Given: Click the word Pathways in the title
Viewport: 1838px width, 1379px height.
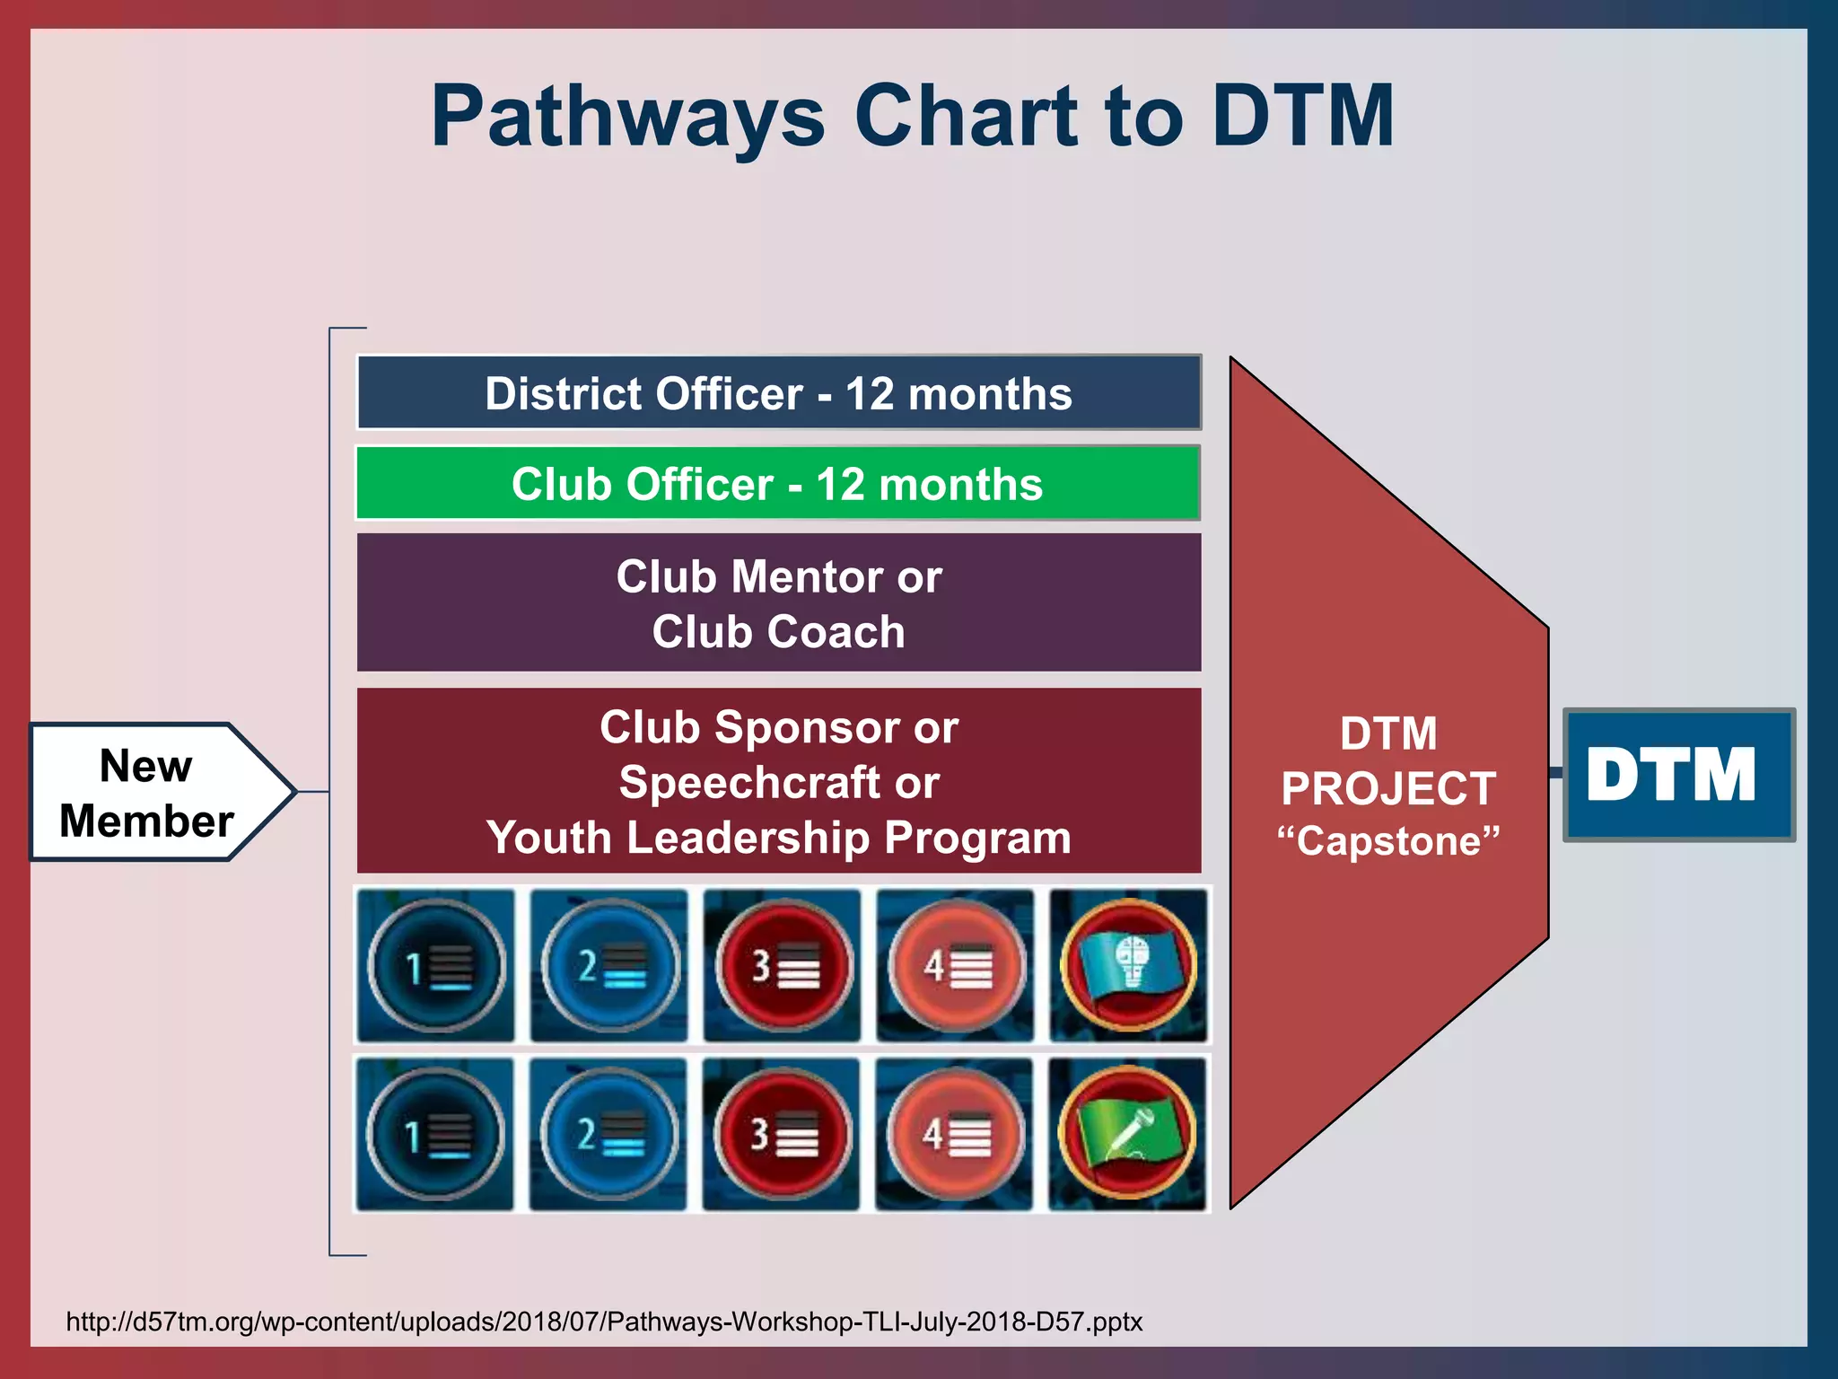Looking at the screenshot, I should [627, 117].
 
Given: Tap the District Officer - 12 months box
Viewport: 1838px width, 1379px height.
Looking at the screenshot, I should [778, 393].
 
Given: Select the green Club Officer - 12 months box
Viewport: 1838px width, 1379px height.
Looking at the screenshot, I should [778, 484].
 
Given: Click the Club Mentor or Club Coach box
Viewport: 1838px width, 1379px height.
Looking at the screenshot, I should [778, 602].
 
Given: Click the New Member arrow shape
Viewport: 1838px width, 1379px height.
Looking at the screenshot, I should [153, 792].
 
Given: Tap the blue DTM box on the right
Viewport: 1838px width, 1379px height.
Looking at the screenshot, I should [1677, 775].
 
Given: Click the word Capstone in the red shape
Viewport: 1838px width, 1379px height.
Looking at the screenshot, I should [1388, 841].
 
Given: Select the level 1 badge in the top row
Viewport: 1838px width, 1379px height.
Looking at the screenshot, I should [436, 966].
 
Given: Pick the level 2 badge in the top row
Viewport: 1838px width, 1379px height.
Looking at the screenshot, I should [609, 966].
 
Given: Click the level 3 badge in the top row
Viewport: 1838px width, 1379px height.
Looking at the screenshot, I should [783, 966].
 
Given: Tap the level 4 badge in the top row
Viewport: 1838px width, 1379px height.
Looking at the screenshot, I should [956, 966].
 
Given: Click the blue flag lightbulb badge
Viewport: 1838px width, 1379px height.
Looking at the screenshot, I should [1129, 966].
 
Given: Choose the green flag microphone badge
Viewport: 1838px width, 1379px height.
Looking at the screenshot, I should [1127, 1134].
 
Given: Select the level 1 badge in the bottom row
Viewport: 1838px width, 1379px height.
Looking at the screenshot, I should [435, 1134].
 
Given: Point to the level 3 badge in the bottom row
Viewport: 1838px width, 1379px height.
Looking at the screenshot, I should [782, 1134].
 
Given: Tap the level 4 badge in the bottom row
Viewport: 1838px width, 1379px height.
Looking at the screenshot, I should [955, 1134].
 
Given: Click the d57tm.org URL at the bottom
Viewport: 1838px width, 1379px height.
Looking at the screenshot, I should [604, 1322].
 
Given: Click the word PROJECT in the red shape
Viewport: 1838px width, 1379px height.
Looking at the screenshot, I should [1388, 788].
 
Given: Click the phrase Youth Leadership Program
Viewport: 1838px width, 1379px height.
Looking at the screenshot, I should [778, 838].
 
